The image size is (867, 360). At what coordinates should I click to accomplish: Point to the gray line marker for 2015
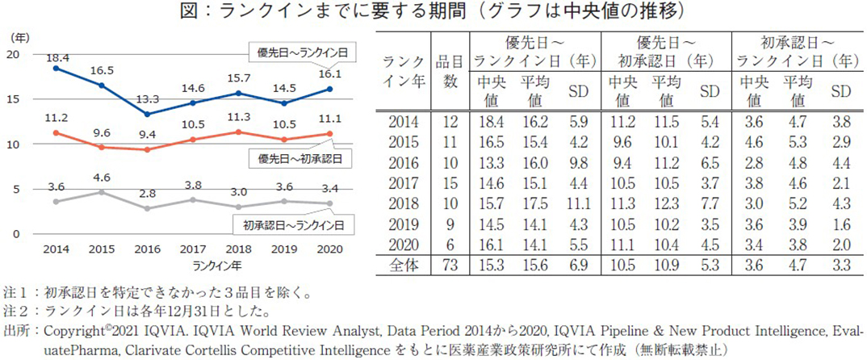coord(100,192)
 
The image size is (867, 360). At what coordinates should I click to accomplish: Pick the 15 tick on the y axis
coord(14,98)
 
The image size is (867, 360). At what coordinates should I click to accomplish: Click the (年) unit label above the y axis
coord(18,37)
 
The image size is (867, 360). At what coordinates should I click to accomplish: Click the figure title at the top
coord(433,11)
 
